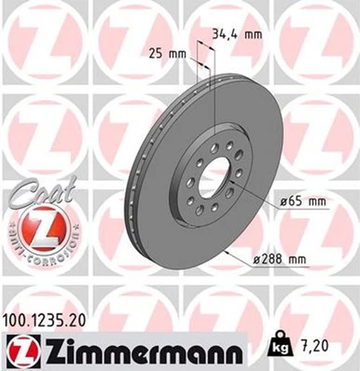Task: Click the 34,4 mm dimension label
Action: point(238,35)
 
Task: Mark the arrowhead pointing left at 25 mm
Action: point(193,62)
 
